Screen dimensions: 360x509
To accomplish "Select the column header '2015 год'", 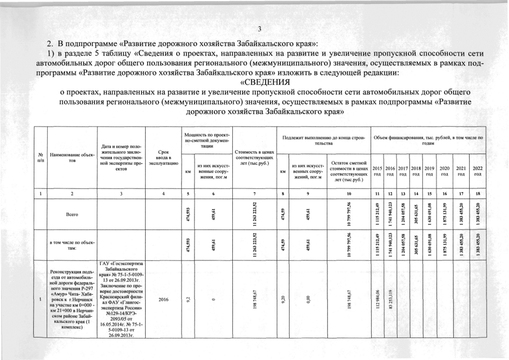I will pyautogui.click(x=377, y=171).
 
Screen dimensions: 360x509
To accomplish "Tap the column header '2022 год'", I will pyautogui.click(x=478, y=171).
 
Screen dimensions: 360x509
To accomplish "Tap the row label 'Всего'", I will pyautogui.click(x=73, y=214).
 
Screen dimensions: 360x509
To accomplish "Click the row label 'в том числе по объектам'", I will pyautogui.click(x=73, y=245).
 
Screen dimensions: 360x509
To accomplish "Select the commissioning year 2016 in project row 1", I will pyautogui.click(x=163, y=300).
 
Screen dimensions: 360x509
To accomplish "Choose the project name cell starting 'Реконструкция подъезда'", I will pyautogui.click(x=73, y=300).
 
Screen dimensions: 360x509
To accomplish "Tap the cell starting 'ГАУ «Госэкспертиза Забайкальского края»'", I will pyautogui.click(x=122, y=300).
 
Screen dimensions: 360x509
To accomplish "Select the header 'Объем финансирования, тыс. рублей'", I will pyautogui.click(x=428, y=140).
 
